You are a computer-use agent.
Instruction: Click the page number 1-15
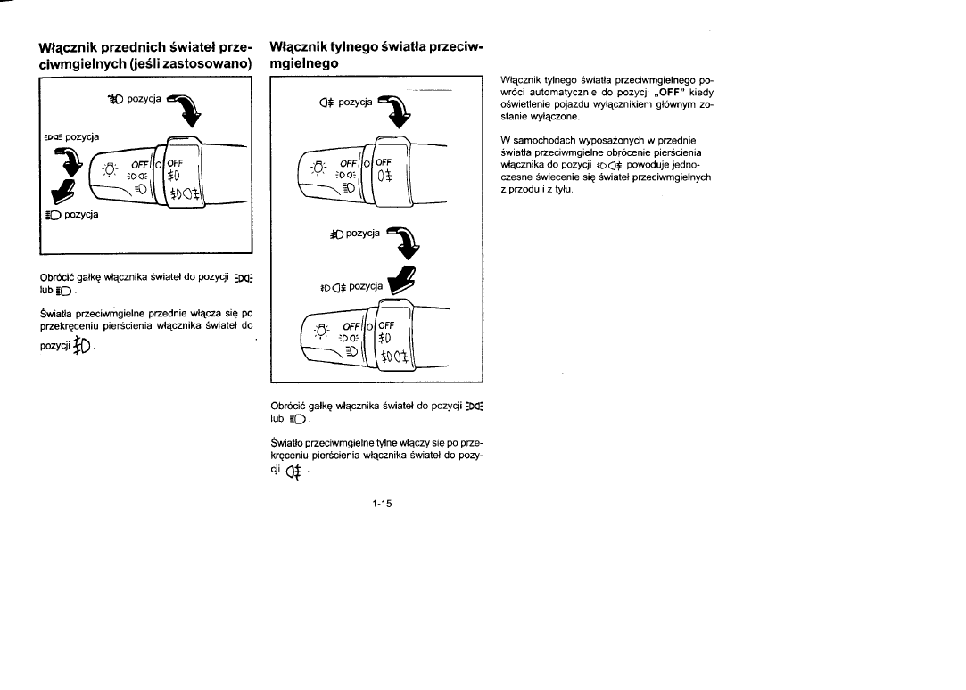point(384,503)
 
